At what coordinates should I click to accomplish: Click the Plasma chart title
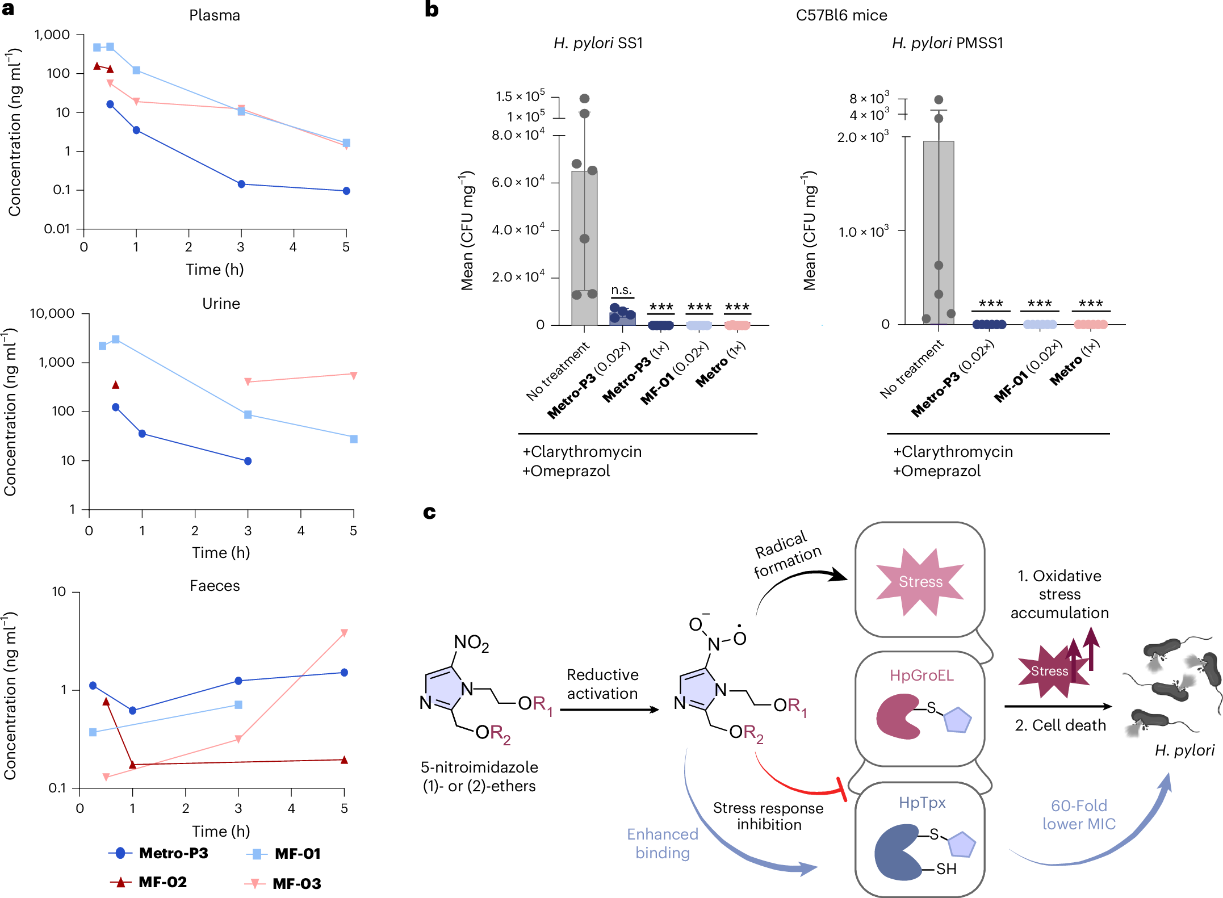214,15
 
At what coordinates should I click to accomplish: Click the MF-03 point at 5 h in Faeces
344,633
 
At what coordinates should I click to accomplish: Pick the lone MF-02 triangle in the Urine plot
116,385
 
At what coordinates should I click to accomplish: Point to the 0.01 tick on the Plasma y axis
57,229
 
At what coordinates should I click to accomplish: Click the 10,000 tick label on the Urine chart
52,313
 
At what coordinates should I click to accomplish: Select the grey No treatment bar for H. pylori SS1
584,250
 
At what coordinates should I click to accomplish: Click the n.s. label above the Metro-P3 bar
622,290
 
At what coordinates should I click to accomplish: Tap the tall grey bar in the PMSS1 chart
938,227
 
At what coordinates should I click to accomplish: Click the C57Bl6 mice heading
841,15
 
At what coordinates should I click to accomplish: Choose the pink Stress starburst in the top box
920,582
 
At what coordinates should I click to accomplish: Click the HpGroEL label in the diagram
921,675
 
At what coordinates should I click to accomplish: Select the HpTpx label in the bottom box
922,803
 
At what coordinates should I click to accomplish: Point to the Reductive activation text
602,684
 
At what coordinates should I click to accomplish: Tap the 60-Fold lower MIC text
1078,815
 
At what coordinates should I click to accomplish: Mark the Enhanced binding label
662,843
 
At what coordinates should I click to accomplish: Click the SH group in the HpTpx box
946,869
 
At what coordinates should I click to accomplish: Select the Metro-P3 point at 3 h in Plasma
241,184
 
